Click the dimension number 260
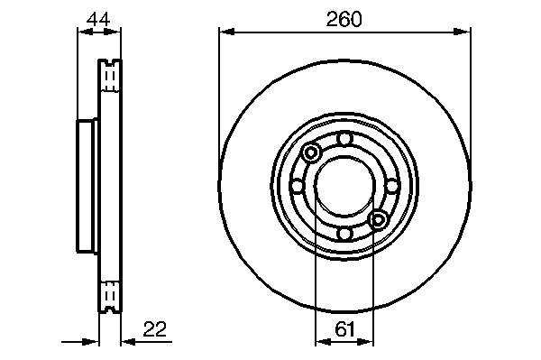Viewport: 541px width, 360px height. (344, 19)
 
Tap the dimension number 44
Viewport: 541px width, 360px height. (98, 19)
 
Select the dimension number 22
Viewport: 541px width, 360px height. (154, 329)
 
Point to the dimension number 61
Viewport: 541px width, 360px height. (344, 329)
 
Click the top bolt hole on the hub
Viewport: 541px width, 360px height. (344, 139)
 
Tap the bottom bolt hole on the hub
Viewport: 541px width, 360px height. (344, 234)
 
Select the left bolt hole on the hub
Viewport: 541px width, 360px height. (297, 187)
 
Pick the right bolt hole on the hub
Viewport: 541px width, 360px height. (392, 187)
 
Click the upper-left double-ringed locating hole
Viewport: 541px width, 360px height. (311, 152)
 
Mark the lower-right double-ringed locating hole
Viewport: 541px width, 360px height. (378, 220)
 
